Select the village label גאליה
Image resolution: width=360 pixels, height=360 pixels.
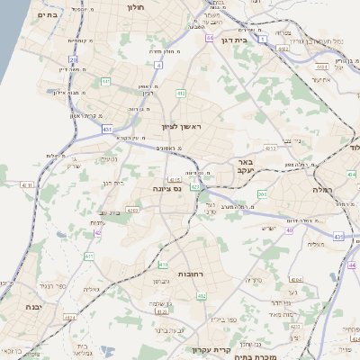point(90,290)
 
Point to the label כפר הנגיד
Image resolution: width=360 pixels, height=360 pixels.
point(50,287)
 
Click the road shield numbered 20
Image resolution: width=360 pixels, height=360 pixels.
point(73,59)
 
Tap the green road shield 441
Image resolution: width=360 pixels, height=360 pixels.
point(105,81)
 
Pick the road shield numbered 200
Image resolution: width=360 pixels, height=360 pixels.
point(262,193)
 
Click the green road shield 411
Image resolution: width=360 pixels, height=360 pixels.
point(88,257)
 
